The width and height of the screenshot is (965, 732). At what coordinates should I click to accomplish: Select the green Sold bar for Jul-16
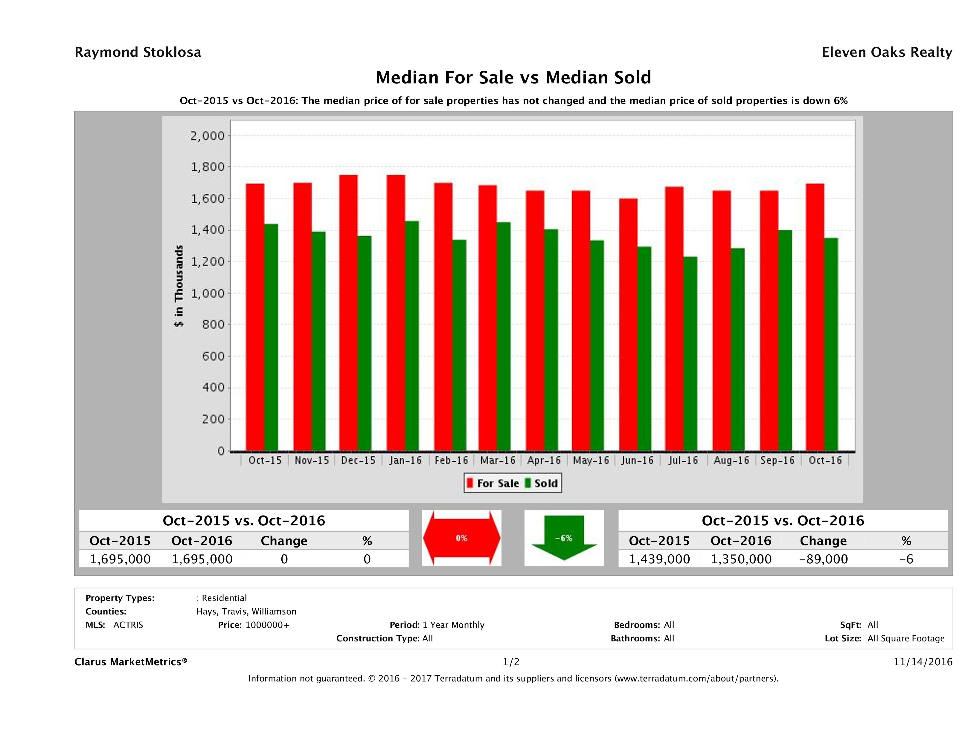click(x=690, y=353)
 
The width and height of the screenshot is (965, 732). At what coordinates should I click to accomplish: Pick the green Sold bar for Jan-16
click(x=412, y=336)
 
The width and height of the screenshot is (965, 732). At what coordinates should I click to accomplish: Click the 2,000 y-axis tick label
click(x=208, y=136)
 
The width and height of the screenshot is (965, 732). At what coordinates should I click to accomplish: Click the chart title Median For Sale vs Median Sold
click(x=513, y=78)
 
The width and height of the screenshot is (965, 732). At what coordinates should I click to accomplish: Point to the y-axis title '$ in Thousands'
click(x=179, y=286)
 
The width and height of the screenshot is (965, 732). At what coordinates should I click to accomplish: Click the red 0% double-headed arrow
click(x=461, y=538)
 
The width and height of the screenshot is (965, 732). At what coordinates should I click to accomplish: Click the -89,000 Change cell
click(x=823, y=559)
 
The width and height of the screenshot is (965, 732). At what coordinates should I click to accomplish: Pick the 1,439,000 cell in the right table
click(x=659, y=559)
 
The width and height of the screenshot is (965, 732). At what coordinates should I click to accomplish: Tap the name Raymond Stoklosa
click(x=138, y=52)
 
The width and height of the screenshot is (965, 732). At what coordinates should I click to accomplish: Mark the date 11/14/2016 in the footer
click(x=923, y=662)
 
